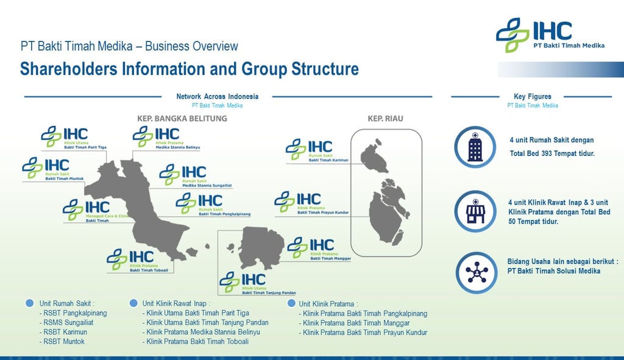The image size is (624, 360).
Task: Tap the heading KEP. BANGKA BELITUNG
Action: point(182,118)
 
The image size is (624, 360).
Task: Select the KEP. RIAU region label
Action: point(385,118)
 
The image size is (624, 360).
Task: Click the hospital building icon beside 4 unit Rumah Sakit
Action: point(475,147)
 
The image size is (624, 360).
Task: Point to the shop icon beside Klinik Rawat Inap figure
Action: point(475,211)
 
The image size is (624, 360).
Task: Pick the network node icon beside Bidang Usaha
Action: point(475,272)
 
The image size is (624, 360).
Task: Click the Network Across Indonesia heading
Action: point(217,96)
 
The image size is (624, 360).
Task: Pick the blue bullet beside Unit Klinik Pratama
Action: point(292,303)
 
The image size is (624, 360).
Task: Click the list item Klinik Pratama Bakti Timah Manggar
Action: point(356,323)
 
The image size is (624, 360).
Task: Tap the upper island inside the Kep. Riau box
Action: point(374,158)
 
